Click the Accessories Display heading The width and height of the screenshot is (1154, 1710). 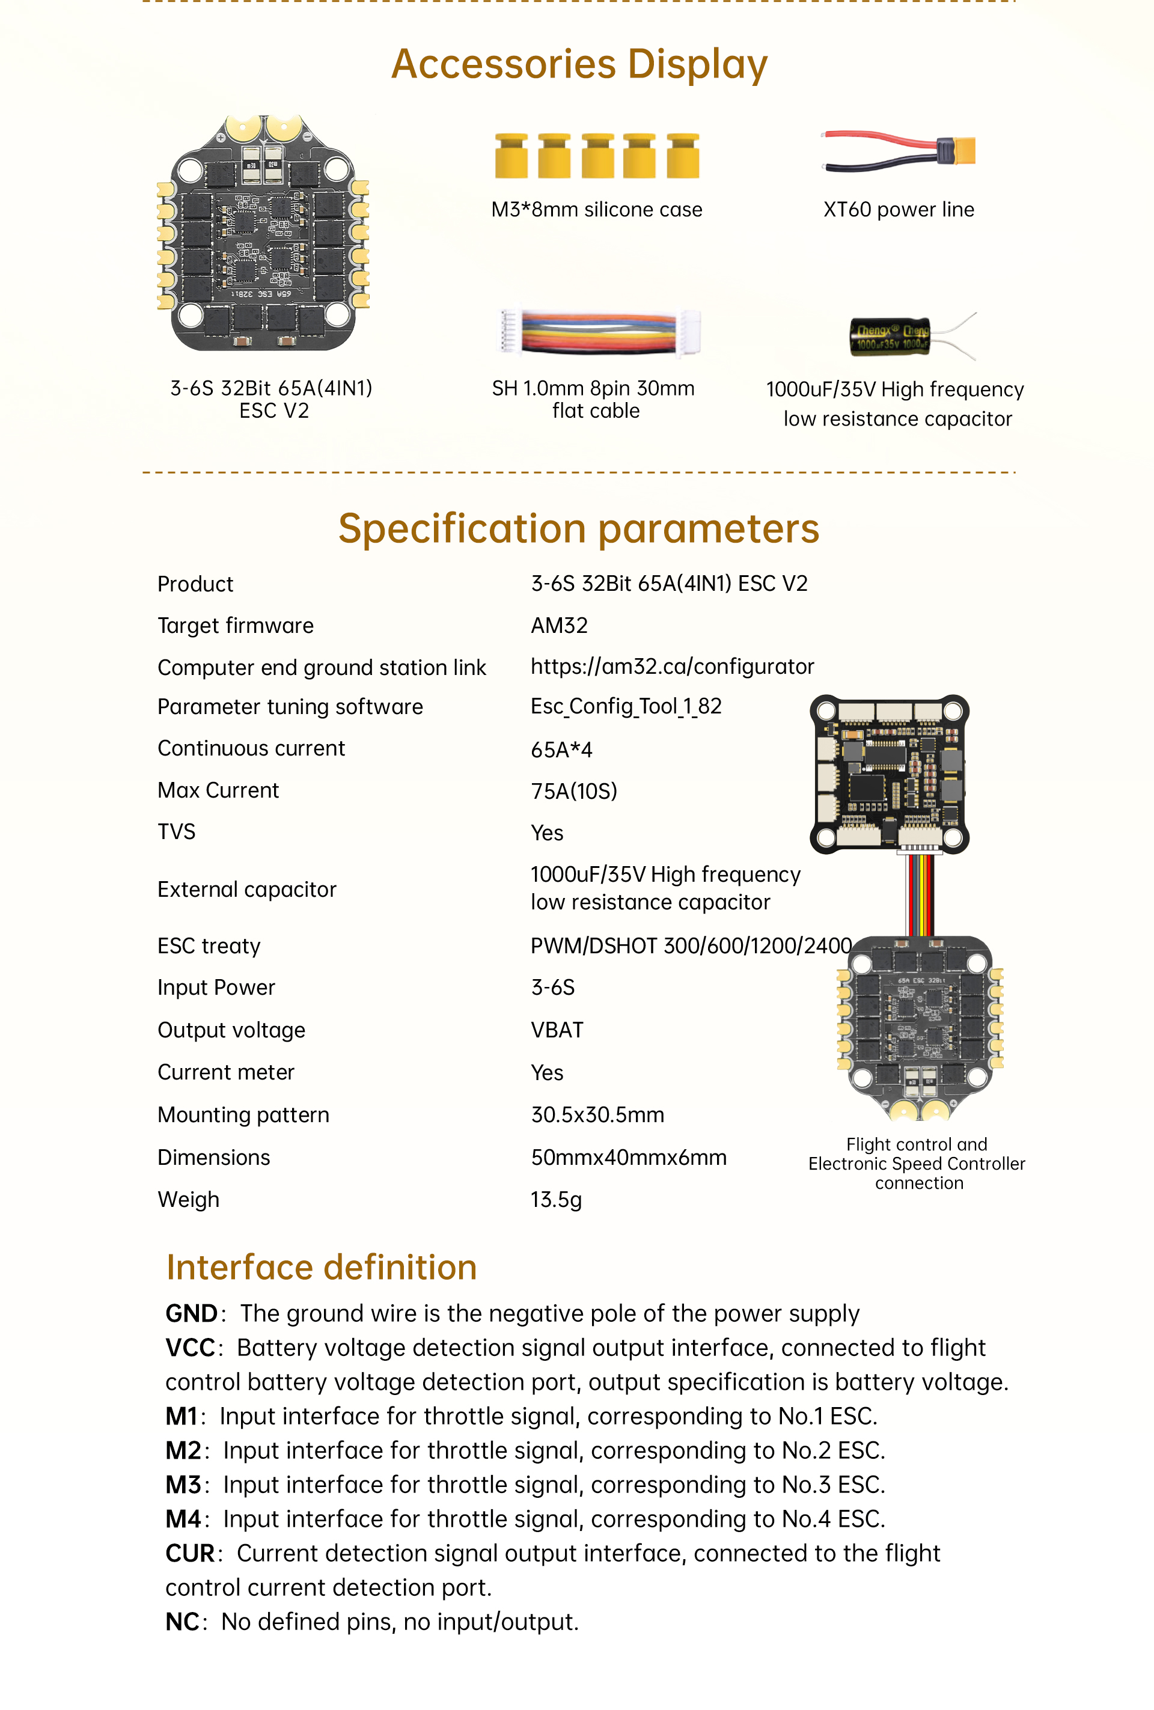[x=579, y=64]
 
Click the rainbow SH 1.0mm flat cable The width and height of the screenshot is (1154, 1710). [x=599, y=332]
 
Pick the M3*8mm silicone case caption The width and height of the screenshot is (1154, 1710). [x=596, y=210]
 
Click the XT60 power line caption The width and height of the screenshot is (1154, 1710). [x=898, y=210]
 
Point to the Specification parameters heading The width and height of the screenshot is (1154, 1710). [x=578, y=528]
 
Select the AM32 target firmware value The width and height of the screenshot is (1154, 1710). [x=560, y=626]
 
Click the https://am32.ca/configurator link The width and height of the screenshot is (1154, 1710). [x=672, y=667]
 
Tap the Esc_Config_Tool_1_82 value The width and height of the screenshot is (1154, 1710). [x=626, y=707]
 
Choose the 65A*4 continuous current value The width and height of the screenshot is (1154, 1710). [x=561, y=750]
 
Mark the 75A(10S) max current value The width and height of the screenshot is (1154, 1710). [x=574, y=791]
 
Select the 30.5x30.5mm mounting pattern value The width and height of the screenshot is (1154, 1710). [x=597, y=1115]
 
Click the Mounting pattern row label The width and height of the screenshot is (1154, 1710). [x=243, y=1115]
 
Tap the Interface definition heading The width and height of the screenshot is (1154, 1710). [x=322, y=1267]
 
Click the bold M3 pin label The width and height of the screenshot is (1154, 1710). [x=183, y=1485]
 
